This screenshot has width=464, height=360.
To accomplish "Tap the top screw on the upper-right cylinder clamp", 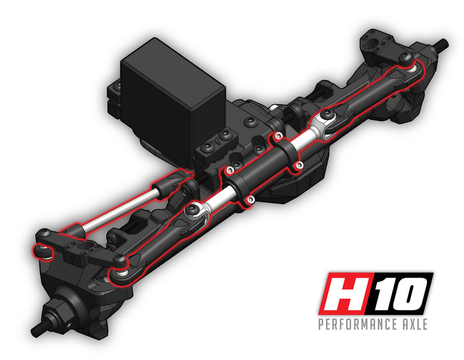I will point(278,135).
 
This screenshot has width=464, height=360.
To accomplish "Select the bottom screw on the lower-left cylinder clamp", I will point(250,199).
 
